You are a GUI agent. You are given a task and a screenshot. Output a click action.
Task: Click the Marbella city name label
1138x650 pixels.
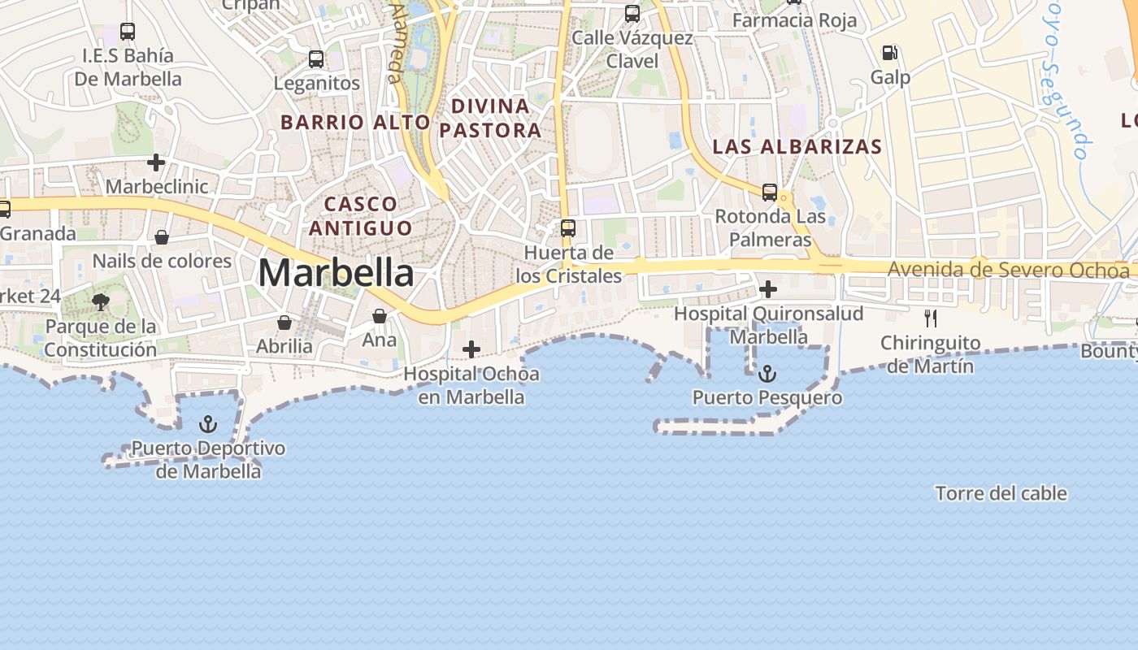click(x=335, y=273)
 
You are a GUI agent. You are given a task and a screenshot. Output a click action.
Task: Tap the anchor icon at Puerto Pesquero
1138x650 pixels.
click(x=767, y=374)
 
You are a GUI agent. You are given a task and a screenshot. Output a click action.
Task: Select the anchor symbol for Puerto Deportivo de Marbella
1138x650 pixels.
click(x=208, y=424)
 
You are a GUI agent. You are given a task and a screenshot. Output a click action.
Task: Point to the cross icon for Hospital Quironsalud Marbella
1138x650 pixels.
click(x=767, y=288)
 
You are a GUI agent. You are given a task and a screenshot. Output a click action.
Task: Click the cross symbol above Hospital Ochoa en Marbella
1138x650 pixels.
click(x=471, y=349)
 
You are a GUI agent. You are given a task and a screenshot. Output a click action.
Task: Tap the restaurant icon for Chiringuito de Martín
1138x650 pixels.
click(x=931, y=318)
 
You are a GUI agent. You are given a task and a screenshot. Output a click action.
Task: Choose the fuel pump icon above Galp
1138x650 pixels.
click(x=890, y=53)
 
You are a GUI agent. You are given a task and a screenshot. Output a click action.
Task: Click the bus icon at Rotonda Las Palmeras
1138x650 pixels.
click(x=769, y=193)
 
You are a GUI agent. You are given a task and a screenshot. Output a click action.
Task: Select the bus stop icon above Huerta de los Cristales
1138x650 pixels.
click(x=568, y=228)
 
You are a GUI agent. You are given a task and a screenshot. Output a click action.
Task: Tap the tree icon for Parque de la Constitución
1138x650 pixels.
click(x=101, y=302)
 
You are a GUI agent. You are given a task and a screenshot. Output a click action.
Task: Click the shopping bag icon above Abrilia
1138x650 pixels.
click(x=284, y=323)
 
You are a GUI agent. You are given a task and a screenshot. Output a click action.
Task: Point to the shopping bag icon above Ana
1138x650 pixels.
click(x=380, y=316)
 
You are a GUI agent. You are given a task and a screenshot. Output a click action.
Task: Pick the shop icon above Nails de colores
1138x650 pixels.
click(x=162, y=237)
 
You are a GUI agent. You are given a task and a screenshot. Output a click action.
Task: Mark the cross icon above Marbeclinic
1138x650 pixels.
click(x=156, y=162)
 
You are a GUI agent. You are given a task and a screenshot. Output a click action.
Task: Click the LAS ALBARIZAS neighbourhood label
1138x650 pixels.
click(x=797, y=147)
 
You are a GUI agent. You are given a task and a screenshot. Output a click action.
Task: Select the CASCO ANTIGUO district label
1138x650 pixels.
click(x=360, y=215)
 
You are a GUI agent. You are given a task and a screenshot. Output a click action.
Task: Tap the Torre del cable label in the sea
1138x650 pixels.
click(x=1001, y=493)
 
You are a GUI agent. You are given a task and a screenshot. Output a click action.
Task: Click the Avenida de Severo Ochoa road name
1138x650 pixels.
click(x=1008, y=270)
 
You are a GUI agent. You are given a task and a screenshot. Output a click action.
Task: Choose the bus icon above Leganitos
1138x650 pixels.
click(x=316, y=59)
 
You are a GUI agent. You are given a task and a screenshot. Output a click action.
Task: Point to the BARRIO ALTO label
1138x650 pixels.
click(x=355, y=123)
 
